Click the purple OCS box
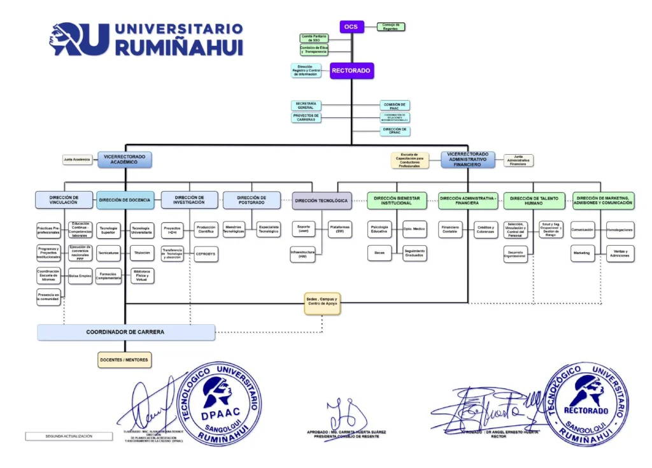pyautogui.click(x=351, y=27)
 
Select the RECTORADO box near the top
pyautogui.click(x=351, y=71)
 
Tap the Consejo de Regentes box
pyautogui.click(x=390, y=27)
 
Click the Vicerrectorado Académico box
pyautogui.click(x=125, y=159)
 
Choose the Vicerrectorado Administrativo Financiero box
pyautogui.click(x=468, y=159)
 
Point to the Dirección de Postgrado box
pyautogui.click(x=252, y=200)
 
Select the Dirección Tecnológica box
pyautogui.click(x=322, y=201)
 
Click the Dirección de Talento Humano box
pyautogui.click(x=534, y=201)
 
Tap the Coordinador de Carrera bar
pyautogui.click(x=126, y=332)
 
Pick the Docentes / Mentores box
pyautogui.click(x=125, y=360)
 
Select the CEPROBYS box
pyautogui.click(x=206, y=253)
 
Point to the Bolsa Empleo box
pyautogui.click(x=81, y=276)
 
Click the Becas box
pyautogui.click(x=379, y=253)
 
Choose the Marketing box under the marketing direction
pyautogui.click(x=582, y=253)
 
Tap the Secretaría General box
pyautogui.click(x=306, y=106)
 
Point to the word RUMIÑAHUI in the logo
pyautogui.click(x=179, y=48)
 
